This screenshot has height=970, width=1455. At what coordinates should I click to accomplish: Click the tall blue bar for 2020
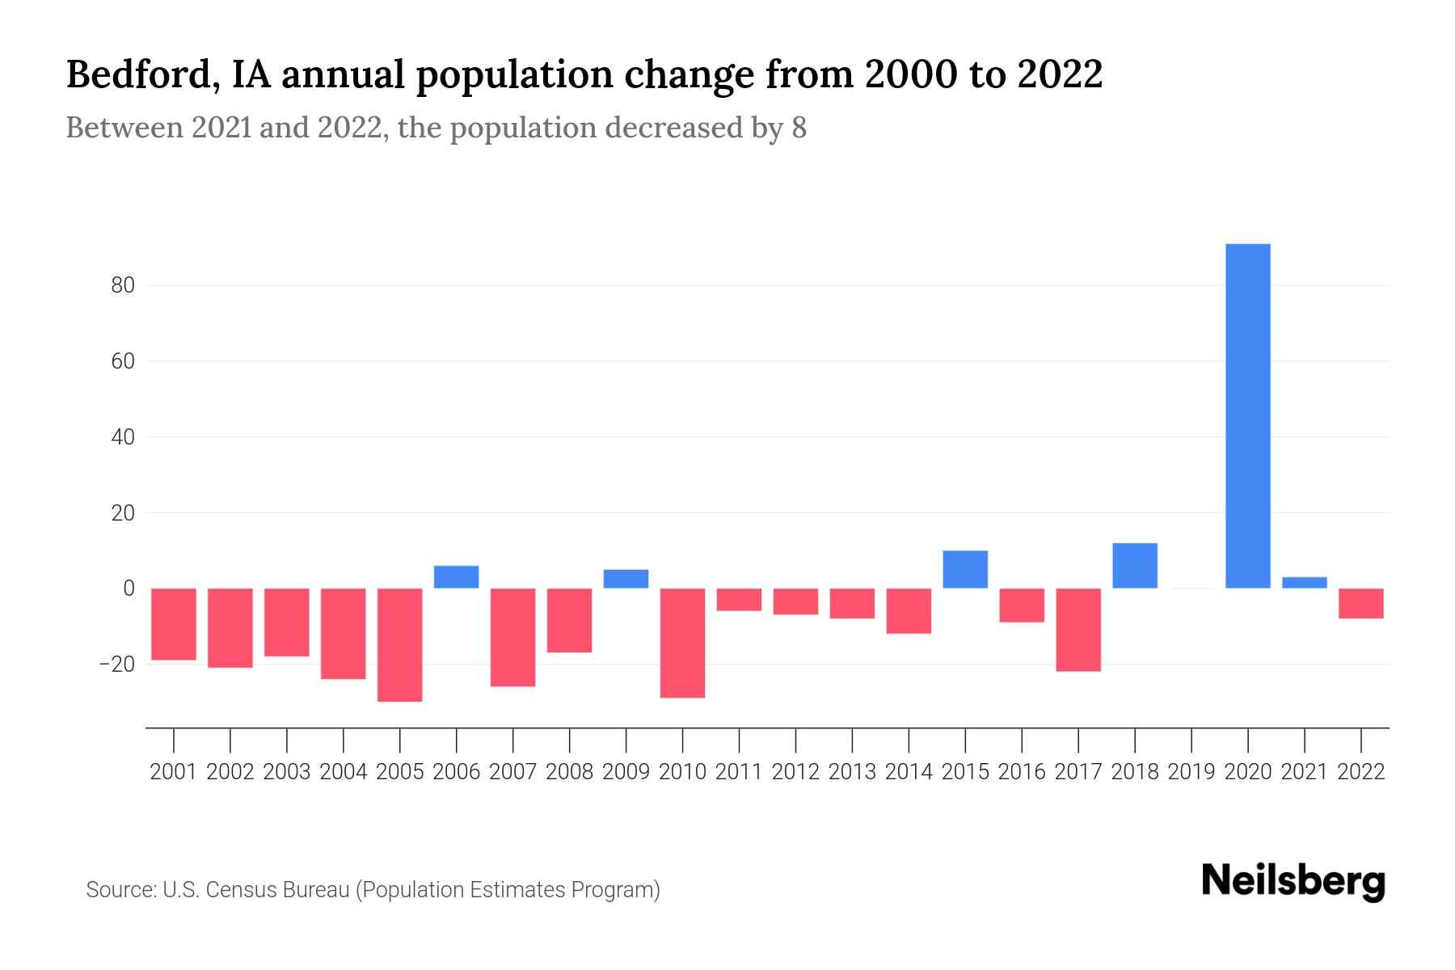tap(1248, 415)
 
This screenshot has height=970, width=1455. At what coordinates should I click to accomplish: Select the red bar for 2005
tap(400, 644)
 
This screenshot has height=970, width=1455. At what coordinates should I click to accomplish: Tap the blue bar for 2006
tap(457, 576)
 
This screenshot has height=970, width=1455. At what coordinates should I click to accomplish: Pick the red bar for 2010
tap(683, 643)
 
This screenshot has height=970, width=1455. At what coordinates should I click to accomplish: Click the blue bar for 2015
tap(965, 569)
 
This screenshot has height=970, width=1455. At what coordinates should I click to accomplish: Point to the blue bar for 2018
tap(1135, 565)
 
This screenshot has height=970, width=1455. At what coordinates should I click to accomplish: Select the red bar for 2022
tap(1361, 603)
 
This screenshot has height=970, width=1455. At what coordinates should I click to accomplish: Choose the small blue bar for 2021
tap(1305, 582)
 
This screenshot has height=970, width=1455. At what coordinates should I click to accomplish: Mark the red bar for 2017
tap(1078, 629)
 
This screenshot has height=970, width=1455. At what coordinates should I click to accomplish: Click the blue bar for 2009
tap(626, 579)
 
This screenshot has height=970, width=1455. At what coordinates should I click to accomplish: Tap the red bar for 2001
tap(174, 624)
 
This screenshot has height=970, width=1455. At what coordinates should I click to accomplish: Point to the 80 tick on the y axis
tap(118, 285)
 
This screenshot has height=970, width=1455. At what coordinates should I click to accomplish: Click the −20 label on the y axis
tap(116, 664)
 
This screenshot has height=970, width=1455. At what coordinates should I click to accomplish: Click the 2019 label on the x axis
tap(1191, 772)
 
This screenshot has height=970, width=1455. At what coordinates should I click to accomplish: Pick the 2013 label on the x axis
tap(852, 772)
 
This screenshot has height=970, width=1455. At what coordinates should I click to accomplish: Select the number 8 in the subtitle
tap(799, 128)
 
